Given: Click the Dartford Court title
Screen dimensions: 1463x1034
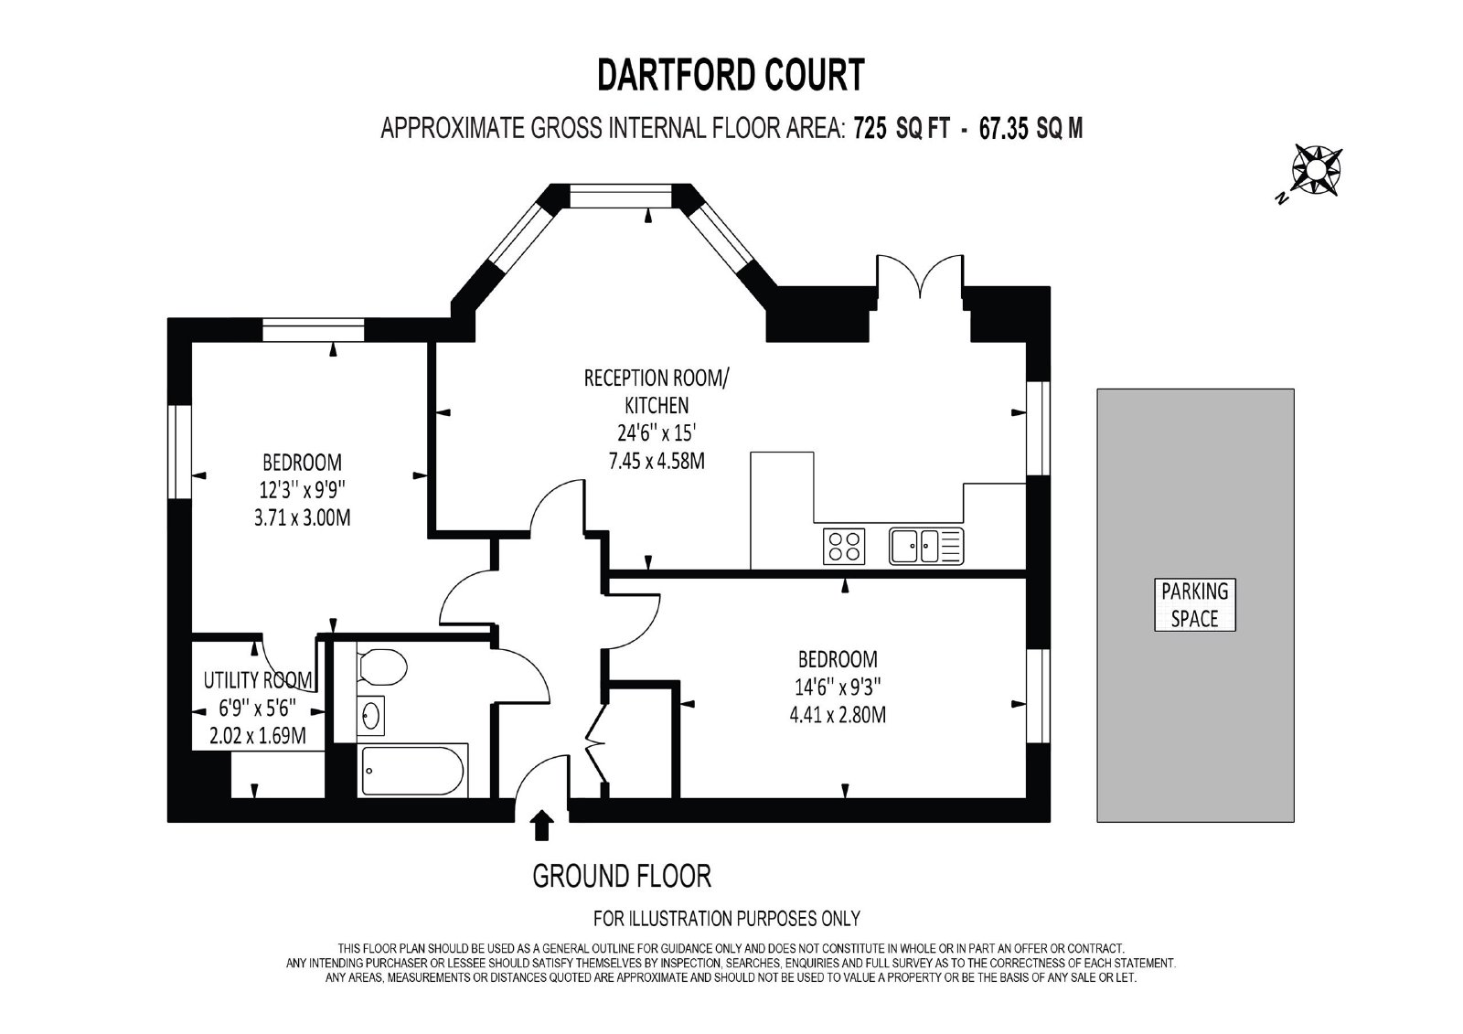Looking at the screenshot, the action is pyautogui.click(x=731, y=75).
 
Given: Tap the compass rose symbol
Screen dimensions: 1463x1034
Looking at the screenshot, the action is pyautogui.click(x=1316, y=170).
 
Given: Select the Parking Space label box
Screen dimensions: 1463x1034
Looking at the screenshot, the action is pyautogui.click(x=1194, y=605).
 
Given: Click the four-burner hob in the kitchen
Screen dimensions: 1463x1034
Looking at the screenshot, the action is pyautogui.click(x=844, y=546).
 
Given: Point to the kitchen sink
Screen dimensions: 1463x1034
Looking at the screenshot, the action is pyautogui.click(x=926, y=546).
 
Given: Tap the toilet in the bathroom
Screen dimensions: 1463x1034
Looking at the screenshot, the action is pyautogui.click(x=383, y=666).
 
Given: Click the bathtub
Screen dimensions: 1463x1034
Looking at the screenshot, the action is pyautogui.click(x=412, y=771).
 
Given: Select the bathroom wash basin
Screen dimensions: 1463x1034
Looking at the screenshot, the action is pyautogui.click(x=371, y=716).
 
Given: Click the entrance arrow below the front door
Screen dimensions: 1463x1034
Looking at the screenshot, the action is pyautogui.click(x=541, y=826).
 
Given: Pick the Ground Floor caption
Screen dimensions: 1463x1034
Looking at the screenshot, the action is pyautogui.click(x=622, y=876).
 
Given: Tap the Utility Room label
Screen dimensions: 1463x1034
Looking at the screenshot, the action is pyautogui.click(x=258, y=680).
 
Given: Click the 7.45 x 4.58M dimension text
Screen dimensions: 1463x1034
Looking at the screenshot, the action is pyautogui.click(x=657, y=461).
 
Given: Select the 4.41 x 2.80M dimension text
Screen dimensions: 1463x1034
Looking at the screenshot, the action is pyautogui.click(x=838, y=715).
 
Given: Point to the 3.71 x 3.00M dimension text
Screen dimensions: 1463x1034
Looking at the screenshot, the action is pyautogui.click(x=303, y=517).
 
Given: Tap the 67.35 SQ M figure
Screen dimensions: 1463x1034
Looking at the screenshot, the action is pyautogui.click(x=1031, y=129).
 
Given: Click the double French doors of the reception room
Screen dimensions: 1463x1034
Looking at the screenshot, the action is pyautogui.click(x=920, y=277).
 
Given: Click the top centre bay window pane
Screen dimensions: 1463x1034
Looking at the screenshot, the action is pyautogui.click(x=621, y=196).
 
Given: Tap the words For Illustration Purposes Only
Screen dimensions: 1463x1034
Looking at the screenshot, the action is pyautogui.click(x=727, y=919).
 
